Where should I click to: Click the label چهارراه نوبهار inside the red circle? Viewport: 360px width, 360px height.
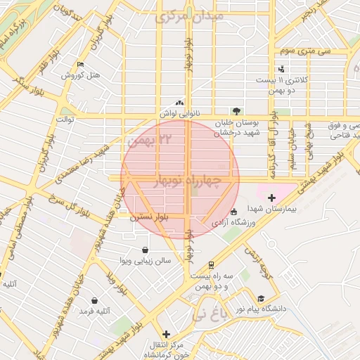(191, 181)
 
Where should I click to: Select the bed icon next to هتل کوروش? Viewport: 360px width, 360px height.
(80, 65)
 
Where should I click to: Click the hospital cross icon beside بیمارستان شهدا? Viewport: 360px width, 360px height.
(271, 199)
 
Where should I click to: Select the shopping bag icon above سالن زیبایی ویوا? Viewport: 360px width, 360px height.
(145, 250)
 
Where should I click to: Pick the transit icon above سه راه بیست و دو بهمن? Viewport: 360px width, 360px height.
(210, 265)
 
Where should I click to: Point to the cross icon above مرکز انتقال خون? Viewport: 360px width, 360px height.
(166, 334)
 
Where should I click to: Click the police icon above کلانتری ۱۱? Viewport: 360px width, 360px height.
(281, 69)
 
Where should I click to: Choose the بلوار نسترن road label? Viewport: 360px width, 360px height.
(150, 218)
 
